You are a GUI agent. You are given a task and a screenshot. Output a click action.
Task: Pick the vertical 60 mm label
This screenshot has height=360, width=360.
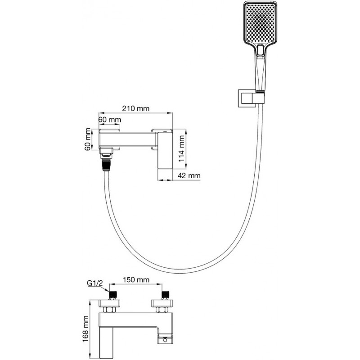[x=89, y=140]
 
